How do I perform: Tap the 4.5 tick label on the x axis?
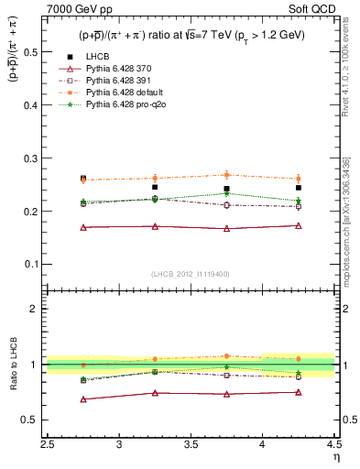334,446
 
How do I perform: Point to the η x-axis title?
335,458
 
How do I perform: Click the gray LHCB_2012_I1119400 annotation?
191,274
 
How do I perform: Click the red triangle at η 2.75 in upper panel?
83,227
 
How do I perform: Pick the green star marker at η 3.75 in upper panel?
227,193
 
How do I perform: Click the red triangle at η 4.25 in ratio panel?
299,392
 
